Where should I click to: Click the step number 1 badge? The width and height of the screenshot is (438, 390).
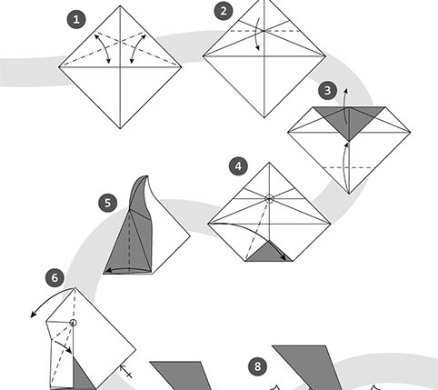pyautogui.click(x=76, y=20)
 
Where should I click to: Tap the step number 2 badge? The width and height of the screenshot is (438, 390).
pyautogui.click(x=224, y=11)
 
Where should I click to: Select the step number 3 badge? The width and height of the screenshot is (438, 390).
pyautogui.click(x=327, y=91)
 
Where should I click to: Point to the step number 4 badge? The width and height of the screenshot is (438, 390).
pyautogui.click(x=238, y=166)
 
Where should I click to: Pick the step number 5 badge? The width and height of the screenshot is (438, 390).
pyautogui.click(x=108, y=203)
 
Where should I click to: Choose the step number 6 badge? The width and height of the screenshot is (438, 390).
pyautogui.click(x=55, y=278)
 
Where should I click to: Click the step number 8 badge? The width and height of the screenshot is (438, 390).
pyautogui.click(x=257, y=366)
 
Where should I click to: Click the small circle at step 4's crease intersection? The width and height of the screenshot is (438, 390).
pyautogui.click(x=269, y=199)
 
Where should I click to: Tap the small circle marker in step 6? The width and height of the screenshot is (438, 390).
pyautogui.click(x=73, y=323)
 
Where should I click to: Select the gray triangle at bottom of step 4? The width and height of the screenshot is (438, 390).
pyautogui.click(x=269, y=254)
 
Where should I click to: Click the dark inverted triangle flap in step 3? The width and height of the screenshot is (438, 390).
pyautogui.click(x=349, y=120)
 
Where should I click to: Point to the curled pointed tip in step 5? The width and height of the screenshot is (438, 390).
pyautogui.click(x=147, y=176)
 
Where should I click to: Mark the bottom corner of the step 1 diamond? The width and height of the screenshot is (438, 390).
pyautogui.click(x=120, y=128)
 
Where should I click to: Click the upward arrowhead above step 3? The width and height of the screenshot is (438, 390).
pyautogui.click(x=347, y=91)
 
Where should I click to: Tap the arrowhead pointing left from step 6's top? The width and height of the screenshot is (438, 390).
pyautogui.click(x=33, y=315)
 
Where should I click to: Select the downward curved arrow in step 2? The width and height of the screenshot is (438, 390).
pyautogui.click(x=258, y=34)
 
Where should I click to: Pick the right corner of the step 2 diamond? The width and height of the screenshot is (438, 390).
pyautogui.click(x=325, y=55)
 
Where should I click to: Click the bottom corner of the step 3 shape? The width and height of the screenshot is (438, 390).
pyautogui.click(x=349, y=194)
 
